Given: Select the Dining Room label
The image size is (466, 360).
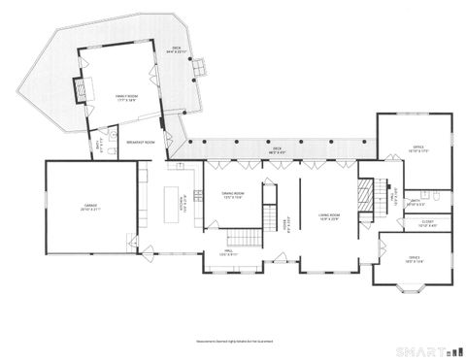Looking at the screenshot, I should point(232,195).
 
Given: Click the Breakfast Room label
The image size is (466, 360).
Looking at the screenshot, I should point(141,143).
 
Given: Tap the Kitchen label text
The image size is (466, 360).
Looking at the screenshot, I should point(181,202).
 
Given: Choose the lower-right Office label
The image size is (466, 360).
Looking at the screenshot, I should point(414,257).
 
